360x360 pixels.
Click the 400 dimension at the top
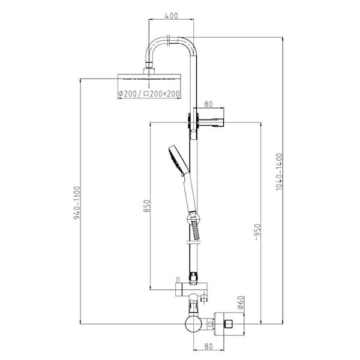(171, 16)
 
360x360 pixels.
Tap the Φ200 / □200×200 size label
(149, 94)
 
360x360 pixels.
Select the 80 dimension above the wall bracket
(208, 104)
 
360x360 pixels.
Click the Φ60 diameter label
(239, 304)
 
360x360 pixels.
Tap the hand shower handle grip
(190, 192)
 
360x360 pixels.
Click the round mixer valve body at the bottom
(193, 325)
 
